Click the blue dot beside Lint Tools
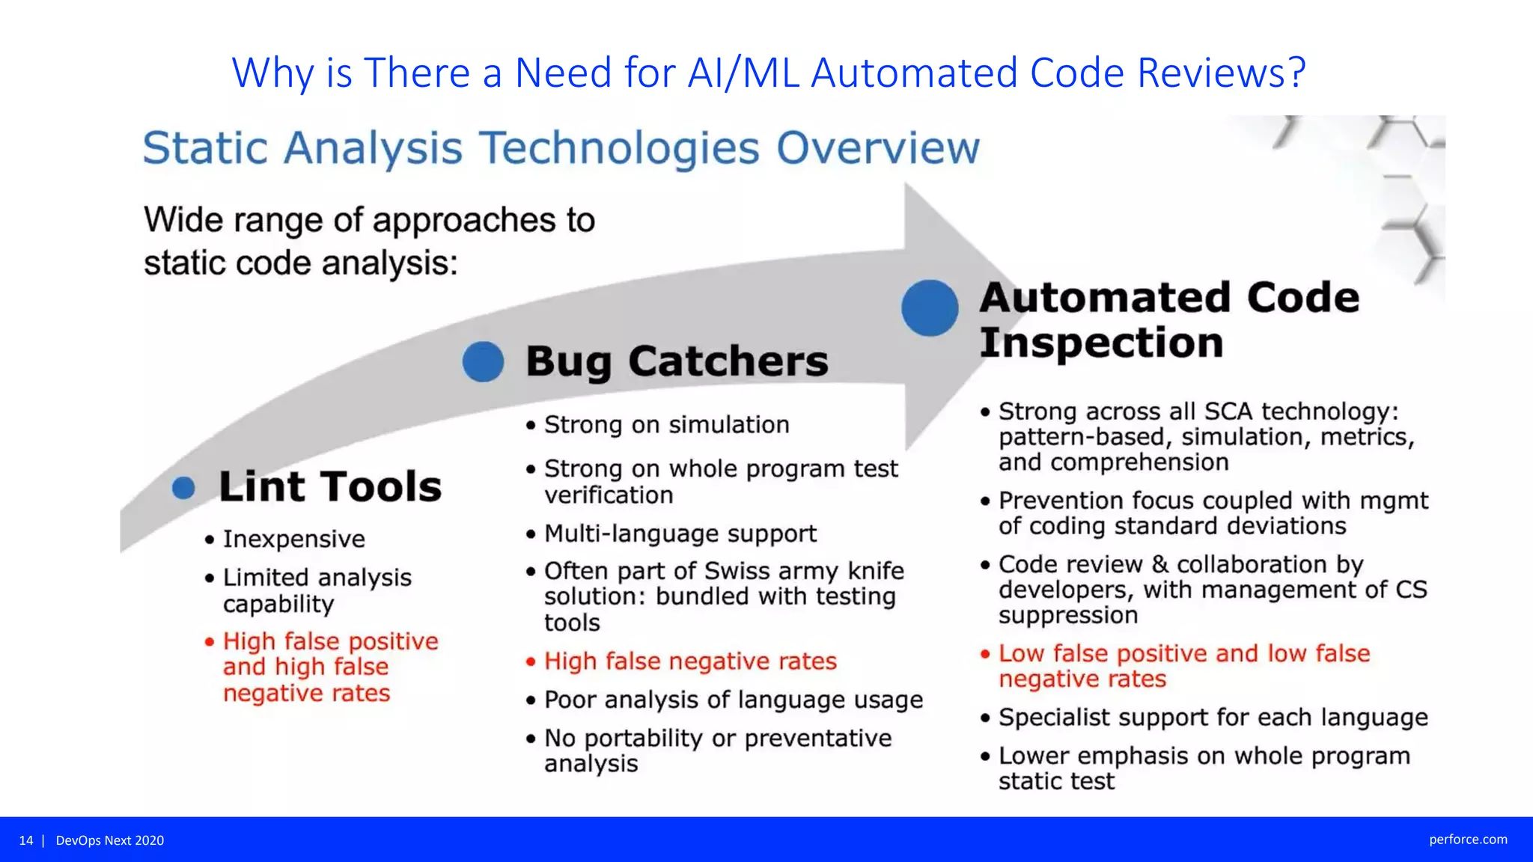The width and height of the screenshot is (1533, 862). coord(183,489)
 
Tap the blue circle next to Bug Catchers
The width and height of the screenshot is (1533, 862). coord(483,362)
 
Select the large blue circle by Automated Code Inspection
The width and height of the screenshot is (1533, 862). coord(930,308)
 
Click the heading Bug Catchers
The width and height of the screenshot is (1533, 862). coord(677,361)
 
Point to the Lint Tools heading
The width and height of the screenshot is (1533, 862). coord(330,486)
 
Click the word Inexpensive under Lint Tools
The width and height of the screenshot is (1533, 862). coord(293,539)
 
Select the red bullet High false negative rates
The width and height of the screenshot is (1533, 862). coord(689,661)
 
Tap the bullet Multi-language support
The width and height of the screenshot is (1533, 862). coord(680,534)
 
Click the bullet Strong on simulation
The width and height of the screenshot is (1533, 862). coord(666,425)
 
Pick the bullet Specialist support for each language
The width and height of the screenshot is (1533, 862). coord(1213,718)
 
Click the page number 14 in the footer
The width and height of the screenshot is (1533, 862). coord(26,840)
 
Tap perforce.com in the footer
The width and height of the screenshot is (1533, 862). coord(1467,840)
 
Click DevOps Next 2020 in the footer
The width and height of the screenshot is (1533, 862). coord(110,840)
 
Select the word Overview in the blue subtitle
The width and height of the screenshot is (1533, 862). coord(877,147)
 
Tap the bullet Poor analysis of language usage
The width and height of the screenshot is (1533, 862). coord(733,700)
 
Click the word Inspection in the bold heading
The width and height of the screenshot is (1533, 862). coord(1100,343)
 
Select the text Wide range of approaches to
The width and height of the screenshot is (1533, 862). coord(369,220)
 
